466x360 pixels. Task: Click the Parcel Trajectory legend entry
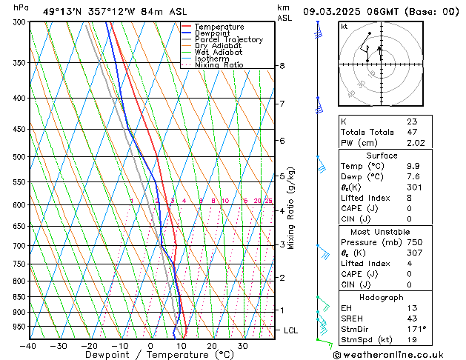tap(228, 39)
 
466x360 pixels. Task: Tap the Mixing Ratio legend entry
tap(219, 65)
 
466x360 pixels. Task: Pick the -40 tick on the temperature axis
tap(28, 346)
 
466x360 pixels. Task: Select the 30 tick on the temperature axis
tap(242, 346)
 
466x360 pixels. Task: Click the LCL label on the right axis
tap(291, 330)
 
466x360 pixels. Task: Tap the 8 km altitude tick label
tap(282, 66)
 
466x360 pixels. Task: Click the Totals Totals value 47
tap(411, 132)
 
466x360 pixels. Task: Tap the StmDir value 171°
tap(416, 329)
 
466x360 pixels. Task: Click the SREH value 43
tap(411, 318)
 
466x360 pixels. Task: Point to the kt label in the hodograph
tap(344, 27)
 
